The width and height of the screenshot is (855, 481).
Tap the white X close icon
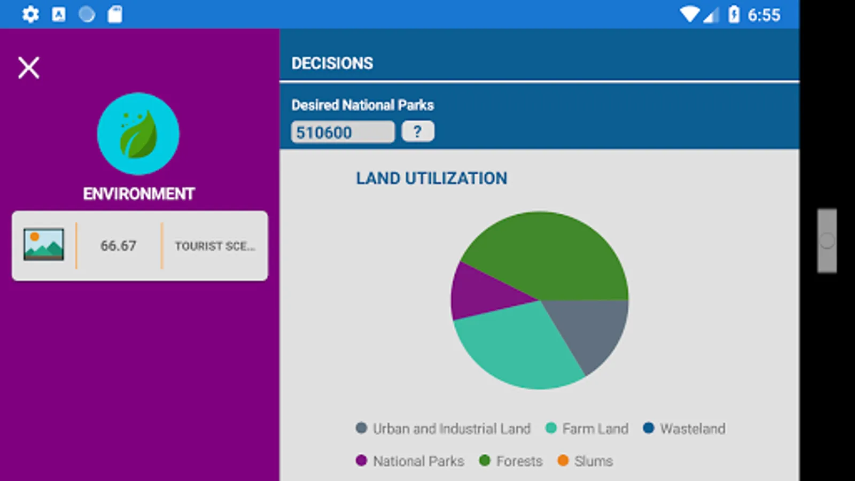[29, 68]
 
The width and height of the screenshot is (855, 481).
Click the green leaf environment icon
[138, 134]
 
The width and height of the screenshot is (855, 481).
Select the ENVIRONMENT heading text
[138, 193]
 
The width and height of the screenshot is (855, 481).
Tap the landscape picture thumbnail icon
[44, 245]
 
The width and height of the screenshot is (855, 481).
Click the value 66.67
[118, 246]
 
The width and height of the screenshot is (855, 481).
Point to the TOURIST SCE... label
[215, 246]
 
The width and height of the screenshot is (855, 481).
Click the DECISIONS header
[332, 63]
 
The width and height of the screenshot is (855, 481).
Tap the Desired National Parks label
[362, 105]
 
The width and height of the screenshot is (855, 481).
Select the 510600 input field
[343, 132]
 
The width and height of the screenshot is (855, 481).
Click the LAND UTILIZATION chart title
[431, 178]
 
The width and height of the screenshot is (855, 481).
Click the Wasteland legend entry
[685, 429]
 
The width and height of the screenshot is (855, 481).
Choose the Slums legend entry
[585, 461]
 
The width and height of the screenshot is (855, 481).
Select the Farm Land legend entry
[587, 429]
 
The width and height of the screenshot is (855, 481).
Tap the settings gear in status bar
[30, 14]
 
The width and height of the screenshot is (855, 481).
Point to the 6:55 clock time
[764, 15]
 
